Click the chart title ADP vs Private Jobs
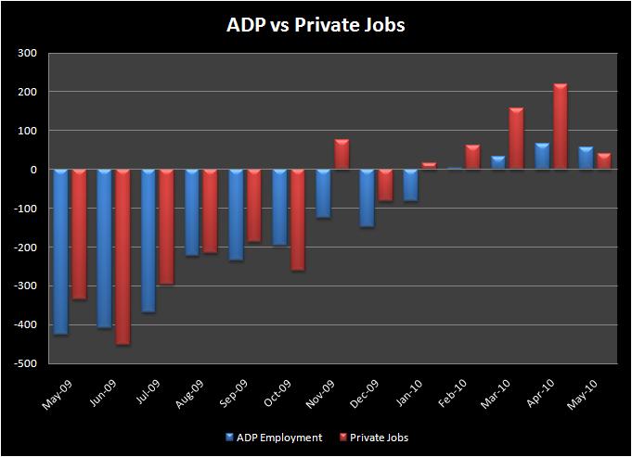pyautogui.click(x=316, y=25)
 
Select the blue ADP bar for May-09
pyautogui.click(x=60, y=251)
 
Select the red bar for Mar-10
pyautogui.click(x=516, y=139)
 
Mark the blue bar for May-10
pyautogui.click(x=586, y=159)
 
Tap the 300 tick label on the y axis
pyautogui.click(x=26, y=53)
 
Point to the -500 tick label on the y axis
pyautogui.click(x=24, y=363)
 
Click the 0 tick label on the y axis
pyautogui.click(x=32, y=170)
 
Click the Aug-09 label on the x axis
pyautogui.click(x=189, y=395)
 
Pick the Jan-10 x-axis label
pyautogui.click(x=408, y=395)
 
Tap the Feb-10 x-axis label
pyautogui.click(x=452, y=395)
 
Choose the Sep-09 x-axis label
pyautogui.click(x=233, y=395)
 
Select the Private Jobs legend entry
pyautogui.click(x=373, y=438)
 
